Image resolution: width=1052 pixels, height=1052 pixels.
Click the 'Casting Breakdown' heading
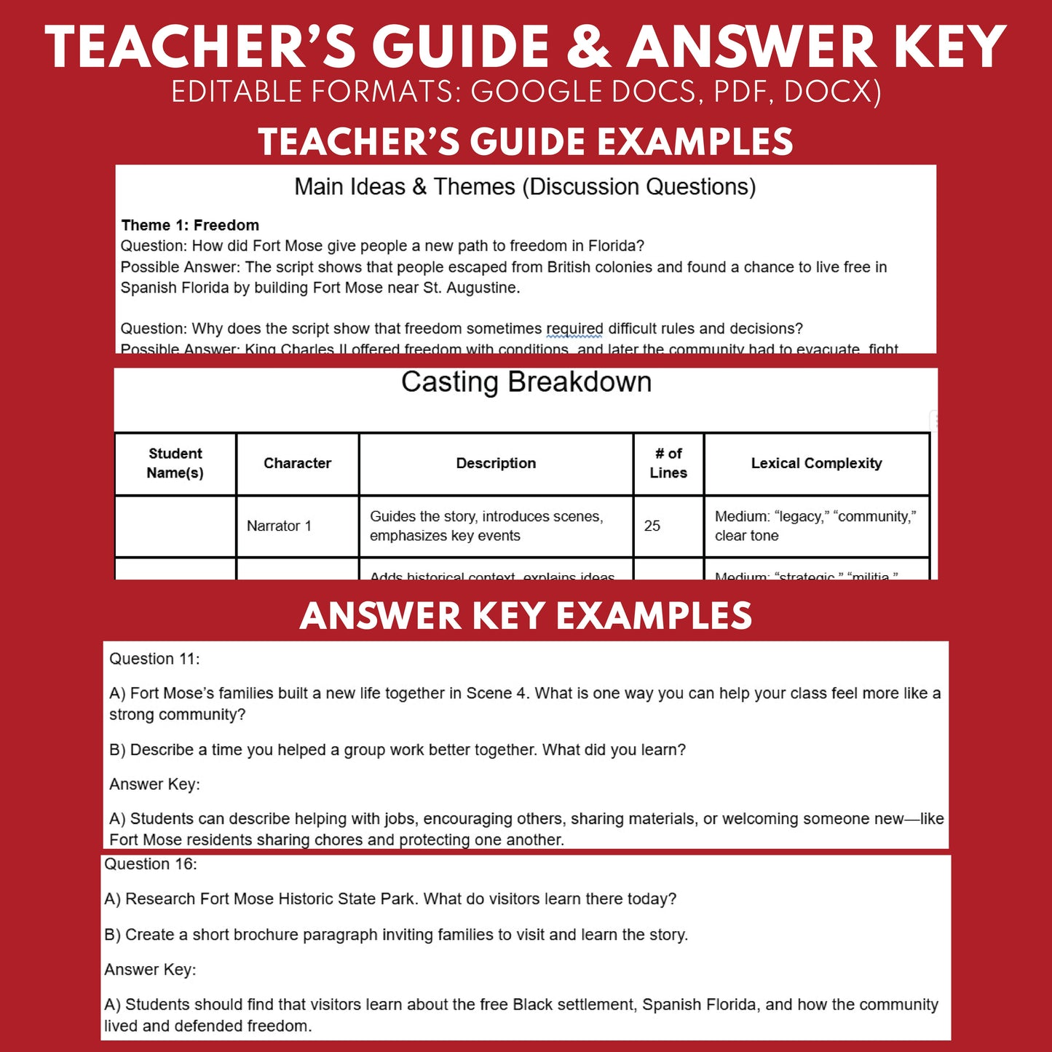[x=526, y=382]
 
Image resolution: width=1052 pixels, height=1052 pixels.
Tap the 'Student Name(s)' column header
[x=175, y=463]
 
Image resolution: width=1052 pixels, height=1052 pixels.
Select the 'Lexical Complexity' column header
[x=816, y=463]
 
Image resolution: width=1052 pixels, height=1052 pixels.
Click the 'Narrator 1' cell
[x=279, y=526]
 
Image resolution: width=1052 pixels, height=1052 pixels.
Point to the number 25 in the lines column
[x=652, y=526]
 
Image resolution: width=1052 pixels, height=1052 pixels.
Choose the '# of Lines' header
[x=668, y=463]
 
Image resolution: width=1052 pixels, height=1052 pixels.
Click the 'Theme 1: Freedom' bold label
[x=190, y=225]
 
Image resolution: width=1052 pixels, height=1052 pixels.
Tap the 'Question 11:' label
[x=154, y=659]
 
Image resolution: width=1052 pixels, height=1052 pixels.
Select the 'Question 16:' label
[x=151, y=864]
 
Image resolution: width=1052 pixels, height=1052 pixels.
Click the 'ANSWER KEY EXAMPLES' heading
[x=526, y=616]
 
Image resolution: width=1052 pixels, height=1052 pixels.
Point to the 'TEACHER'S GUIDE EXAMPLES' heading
[x=526, y=141]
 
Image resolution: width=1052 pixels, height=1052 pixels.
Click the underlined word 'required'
[x=574, y=328]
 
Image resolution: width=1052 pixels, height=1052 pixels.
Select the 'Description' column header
[x=496, y=463]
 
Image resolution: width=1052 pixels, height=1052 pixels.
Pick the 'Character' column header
[x=297, y=463]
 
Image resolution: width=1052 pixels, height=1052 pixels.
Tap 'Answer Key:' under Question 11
[x=154, y=784]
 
